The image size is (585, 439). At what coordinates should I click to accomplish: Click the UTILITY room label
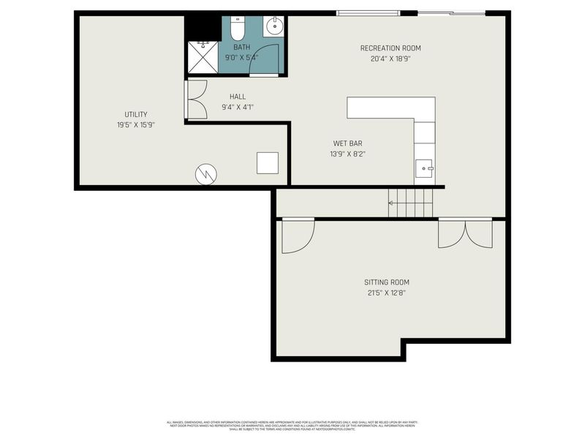[x=135, y=114]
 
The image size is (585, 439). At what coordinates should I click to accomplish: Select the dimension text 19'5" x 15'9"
[x=135, y=125]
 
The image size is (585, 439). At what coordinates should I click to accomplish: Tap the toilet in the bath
[x=237, y=29]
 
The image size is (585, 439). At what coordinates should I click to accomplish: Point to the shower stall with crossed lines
[x=203, y=57]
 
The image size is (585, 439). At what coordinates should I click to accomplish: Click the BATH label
[x=241, y=47]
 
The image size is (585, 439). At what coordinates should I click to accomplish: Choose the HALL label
[x=238, y=97]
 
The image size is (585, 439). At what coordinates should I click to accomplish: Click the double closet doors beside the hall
[x=196, y=99]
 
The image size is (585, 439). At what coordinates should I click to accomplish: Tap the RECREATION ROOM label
[x=390, y=48]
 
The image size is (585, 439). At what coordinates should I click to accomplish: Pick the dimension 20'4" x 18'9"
[x=390, y=59]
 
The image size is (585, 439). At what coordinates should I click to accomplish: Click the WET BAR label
[x=347, y=143]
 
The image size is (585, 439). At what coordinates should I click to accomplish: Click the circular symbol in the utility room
[x=206, y=174]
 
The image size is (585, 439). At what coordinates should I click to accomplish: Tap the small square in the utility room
[x=268, y=162]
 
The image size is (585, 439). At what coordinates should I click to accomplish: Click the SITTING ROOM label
[x=387, y=282]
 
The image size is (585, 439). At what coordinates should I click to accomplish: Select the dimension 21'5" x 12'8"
[x=387, y=293]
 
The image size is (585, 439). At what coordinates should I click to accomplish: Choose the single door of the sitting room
[x=297, y=236]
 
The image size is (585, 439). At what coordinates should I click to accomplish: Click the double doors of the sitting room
[x=465, y=233]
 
